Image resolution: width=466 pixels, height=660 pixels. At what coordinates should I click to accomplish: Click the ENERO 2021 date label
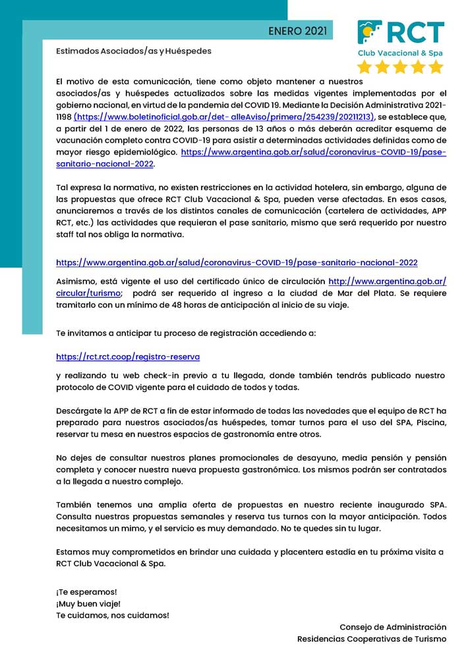297,31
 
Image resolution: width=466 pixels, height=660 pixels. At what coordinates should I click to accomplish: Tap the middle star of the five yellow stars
400,67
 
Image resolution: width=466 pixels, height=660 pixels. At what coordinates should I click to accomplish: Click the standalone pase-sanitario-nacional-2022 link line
237,263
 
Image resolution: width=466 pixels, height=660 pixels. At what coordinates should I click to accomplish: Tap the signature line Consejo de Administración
393,626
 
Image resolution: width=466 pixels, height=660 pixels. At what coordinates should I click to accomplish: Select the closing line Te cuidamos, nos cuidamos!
113,615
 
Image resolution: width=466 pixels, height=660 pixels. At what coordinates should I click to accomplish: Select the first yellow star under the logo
364,67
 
